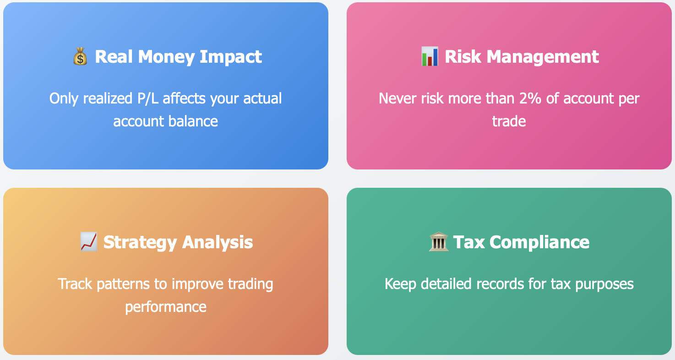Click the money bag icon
(80, 56)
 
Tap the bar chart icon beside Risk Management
(430, 56)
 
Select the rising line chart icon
(88, 241)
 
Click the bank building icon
(438, 241)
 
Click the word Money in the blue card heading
(166, 57)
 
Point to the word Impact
(231, 57)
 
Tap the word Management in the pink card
(543, 57)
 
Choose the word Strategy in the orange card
(140, 242)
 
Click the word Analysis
(218, 242)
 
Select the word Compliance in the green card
(539, 242)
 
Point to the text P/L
(148, 98)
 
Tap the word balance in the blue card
(193, 121)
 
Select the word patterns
(123, 284)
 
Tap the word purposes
(604, 284)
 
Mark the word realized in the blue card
(108, 98)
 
